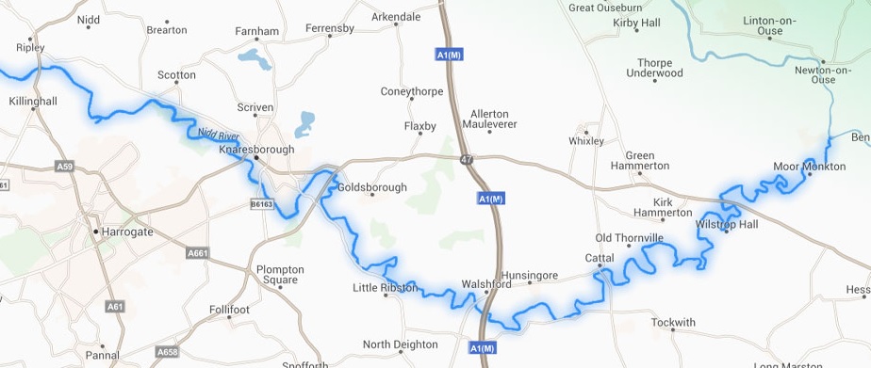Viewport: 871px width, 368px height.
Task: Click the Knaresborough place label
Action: point(256,149)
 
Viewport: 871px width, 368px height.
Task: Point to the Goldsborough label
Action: point(372,187)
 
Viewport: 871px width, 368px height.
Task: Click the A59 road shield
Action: point(64,167)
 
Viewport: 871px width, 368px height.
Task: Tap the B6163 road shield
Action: point(262,203)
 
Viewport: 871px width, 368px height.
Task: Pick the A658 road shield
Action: point(167,352)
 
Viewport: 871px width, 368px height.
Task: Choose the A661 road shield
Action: point(198,252)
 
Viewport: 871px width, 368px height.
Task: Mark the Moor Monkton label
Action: point(809,167)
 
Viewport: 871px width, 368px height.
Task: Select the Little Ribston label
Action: point(385,288)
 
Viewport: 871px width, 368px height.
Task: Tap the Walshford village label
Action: point(485,283)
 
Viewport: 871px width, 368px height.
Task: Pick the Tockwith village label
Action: point(672,322)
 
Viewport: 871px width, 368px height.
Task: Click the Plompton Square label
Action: point(280,275)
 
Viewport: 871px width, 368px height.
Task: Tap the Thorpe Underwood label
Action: point(653,68)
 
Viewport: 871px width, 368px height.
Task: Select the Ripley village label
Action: point(30,46)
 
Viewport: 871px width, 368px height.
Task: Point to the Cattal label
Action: point(600,257)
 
